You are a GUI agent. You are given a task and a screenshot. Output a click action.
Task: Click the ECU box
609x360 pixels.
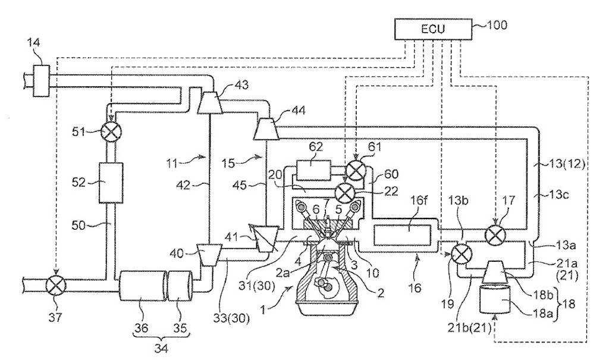[433, 29]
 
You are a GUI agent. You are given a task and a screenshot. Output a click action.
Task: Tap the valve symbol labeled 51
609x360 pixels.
[112, 132]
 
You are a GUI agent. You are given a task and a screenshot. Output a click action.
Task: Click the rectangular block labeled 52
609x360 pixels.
[111, 182]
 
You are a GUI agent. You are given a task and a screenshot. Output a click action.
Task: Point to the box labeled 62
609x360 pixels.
[313, 170]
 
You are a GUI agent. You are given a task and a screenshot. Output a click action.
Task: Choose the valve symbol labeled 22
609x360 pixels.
[344, 191]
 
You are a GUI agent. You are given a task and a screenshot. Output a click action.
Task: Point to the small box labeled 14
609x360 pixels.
[41, 81]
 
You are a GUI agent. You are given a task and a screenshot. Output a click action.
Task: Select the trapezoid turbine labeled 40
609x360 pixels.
[209, 255]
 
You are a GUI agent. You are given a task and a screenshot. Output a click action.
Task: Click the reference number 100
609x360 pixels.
[497, 25]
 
